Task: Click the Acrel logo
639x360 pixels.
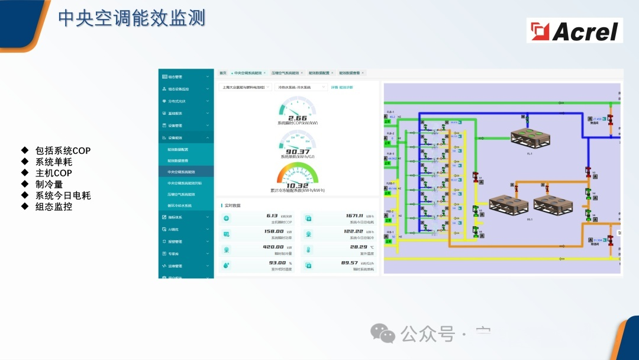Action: point(575,30)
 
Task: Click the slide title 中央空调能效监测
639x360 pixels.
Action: point(131,18)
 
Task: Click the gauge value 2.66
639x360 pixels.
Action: point(298,118)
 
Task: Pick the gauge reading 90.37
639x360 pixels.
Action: point(298,152)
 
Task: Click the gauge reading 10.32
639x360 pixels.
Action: point(298,185)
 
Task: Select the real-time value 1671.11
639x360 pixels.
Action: point(354,217)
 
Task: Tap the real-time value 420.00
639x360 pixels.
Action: point(273,247)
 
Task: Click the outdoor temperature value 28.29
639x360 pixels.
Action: point(359,247)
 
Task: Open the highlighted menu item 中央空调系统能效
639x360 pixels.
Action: point(181,172)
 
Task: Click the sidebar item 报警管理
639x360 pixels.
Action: point(175,242)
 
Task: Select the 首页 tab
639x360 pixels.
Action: point(223,73)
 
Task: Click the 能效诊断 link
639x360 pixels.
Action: point(346,87)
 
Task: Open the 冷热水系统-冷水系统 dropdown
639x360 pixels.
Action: point(301,87)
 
